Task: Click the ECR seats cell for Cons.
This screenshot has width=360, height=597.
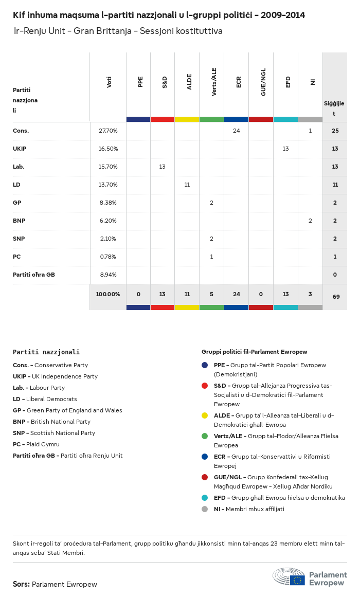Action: (237, 131)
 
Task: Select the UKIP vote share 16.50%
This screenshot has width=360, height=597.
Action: (108, 149)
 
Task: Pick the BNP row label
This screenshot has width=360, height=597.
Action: (19, 221)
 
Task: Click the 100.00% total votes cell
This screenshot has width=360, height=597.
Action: (108, 294)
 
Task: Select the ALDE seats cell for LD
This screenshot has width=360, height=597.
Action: (187, 185)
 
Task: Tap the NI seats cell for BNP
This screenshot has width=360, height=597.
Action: (310, 221)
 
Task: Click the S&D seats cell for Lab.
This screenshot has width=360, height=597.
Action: (163, 167)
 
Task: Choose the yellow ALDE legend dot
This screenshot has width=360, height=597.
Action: (205, 415)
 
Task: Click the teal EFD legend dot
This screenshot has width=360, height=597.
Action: (205, 498)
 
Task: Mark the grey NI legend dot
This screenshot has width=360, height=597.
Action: (205, 509)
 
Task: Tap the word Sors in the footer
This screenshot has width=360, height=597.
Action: (21, 584)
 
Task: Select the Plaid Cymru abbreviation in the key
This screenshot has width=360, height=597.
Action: (17, 444)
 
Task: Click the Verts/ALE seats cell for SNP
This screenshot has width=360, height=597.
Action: (211, 239)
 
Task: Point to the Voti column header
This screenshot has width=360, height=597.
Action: (109, 82)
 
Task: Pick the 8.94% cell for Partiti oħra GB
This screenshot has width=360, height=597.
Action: (108, 275)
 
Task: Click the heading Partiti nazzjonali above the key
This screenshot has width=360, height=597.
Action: (46, 352)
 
